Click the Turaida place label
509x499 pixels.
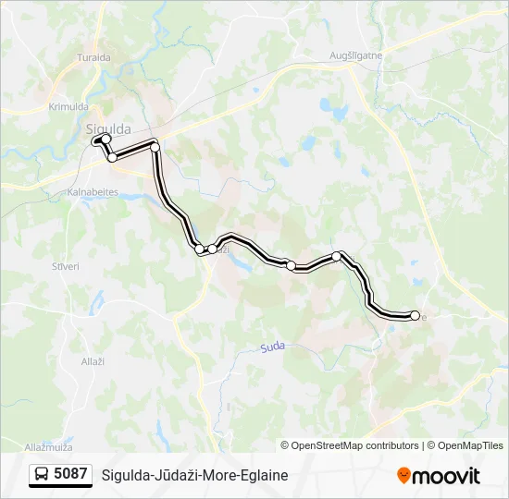(93, 82)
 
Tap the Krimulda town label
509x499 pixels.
(67, 107)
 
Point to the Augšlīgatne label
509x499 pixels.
(356, 56)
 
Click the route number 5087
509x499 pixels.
(71, 475)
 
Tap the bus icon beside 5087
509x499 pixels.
(43, 475)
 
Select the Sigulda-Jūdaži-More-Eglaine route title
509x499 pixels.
(195, 475)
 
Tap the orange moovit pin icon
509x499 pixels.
(404, 476)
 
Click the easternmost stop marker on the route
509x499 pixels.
(415, 316)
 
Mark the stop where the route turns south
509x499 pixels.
(155, 147)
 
